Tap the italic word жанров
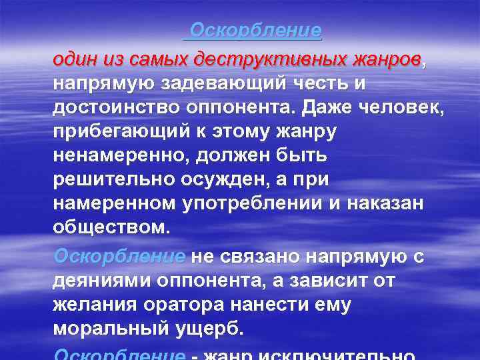(x=385, y=59)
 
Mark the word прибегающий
(x=122, y=132)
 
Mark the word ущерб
(x=213, y=329)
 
